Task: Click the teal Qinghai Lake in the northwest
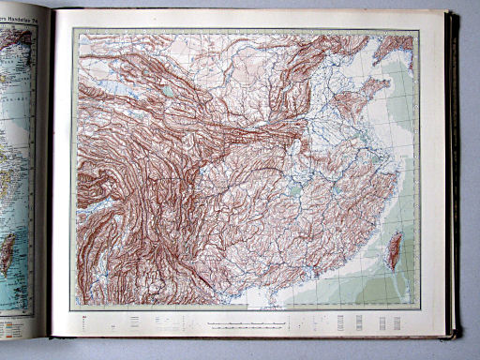(x=168, y=91)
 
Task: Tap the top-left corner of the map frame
(x=73, y=31)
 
